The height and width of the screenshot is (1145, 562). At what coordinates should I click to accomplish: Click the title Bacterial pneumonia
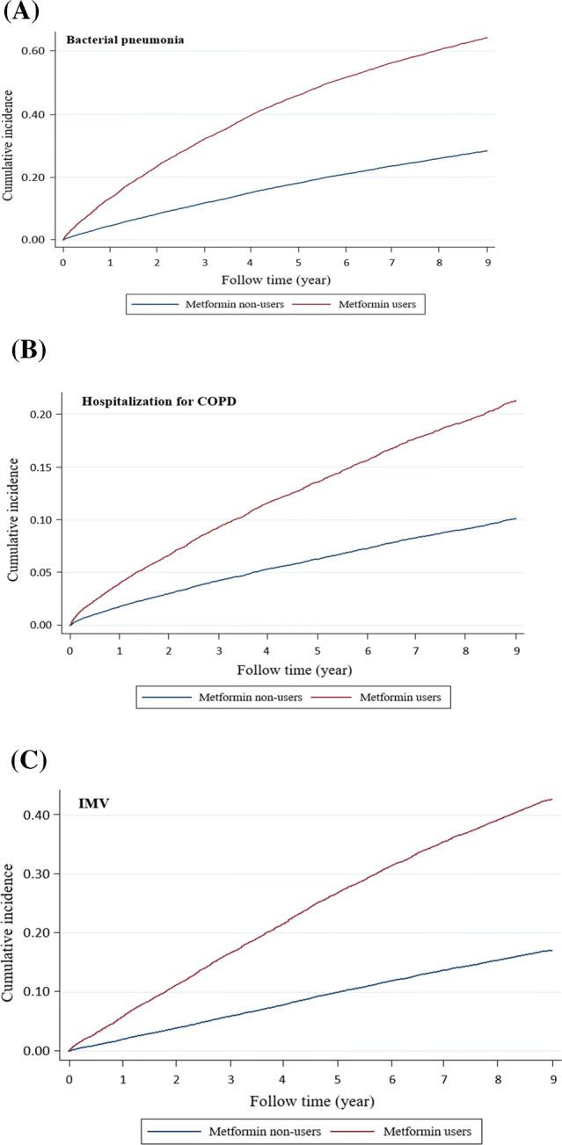tap(125, 39)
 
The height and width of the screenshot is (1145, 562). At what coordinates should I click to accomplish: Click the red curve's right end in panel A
tap(487, 38)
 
